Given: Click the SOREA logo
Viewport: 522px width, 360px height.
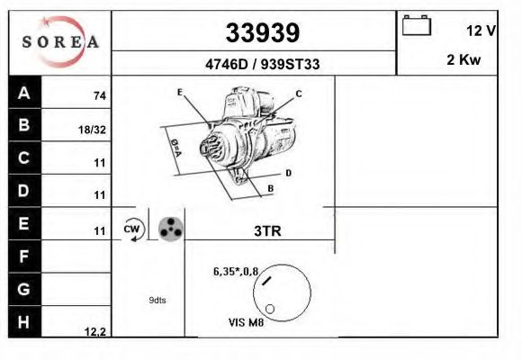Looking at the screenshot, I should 60,42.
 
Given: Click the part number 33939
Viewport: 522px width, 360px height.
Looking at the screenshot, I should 262,33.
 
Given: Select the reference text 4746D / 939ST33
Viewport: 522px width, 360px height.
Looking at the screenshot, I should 262,65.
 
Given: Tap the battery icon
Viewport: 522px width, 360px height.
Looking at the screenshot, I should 417,25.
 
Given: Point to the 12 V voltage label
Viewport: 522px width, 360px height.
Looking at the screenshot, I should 481,30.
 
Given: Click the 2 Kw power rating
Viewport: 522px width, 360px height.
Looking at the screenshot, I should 464,60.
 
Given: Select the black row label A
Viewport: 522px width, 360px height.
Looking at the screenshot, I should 23,93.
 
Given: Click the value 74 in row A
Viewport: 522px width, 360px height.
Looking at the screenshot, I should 100,96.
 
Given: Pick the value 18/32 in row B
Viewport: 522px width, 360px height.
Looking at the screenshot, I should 93,130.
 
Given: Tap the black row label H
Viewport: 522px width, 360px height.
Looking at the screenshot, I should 23,320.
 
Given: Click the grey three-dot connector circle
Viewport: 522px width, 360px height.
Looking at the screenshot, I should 170,229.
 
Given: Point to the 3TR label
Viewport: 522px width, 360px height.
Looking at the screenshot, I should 268,230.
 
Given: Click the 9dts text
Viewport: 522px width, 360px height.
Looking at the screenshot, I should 157,301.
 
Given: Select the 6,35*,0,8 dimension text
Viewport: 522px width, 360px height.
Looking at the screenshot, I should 236,271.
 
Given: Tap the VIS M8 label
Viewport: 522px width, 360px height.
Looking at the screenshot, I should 247,321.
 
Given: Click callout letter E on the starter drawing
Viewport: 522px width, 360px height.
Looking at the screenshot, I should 180,93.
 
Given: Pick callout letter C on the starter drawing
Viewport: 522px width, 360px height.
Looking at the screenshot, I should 298,94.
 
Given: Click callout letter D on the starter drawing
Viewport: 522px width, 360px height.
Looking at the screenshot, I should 288,172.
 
